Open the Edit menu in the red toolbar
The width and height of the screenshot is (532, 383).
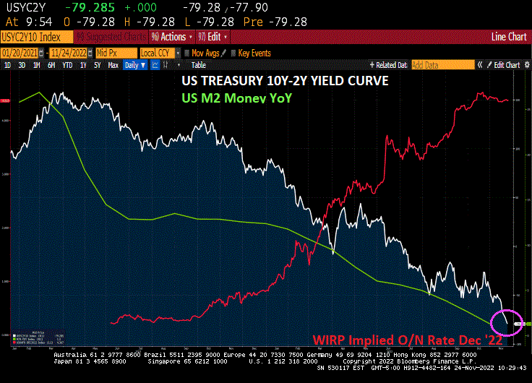coord(215,36)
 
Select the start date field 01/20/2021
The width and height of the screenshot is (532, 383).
coord(19,53)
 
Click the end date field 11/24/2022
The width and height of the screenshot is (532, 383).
coord(67,53)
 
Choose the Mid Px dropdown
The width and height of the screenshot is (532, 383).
coord(113,53)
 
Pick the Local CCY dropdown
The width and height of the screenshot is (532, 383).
coord(158,53)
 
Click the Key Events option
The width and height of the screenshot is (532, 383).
coord(254,53)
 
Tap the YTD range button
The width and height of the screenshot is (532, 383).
coord(67,65)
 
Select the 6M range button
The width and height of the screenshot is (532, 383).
coord(51,65)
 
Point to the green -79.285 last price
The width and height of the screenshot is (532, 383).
coord(87,7)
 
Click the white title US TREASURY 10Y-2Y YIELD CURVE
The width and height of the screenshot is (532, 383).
coord(285,81)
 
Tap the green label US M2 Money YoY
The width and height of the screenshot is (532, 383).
coord(236,97)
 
